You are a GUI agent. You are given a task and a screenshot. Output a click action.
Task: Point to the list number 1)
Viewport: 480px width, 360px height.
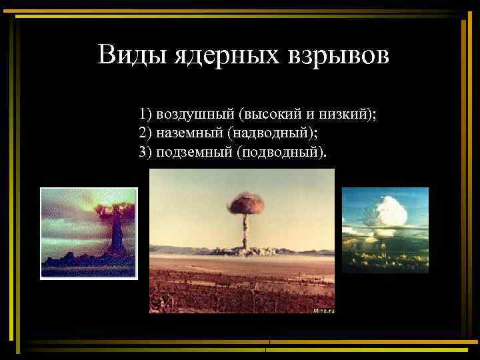[146, 113]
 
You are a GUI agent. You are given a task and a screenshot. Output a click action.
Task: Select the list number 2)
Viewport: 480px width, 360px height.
[146, 133]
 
